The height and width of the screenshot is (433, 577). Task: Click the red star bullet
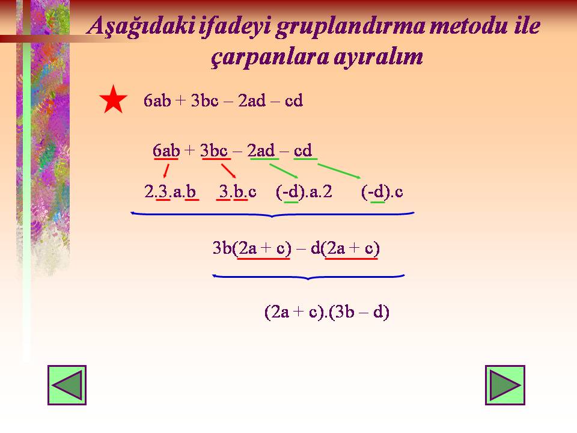[x=114, y=99]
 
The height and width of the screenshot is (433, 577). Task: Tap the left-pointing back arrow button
[x=67, y=385]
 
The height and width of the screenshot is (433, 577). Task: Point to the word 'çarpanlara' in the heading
[x=270, y=58]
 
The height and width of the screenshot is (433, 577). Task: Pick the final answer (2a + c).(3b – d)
[x=327, y=312]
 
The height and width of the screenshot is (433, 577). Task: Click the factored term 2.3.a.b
[x=170, y=192]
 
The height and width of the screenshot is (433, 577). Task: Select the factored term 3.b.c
[x=237, y=192]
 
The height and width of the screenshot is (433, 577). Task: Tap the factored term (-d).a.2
[x=304, y=192]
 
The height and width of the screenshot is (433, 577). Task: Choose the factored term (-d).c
[x=382, y=192]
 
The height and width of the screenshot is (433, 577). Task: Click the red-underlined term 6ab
[x=166, y=150]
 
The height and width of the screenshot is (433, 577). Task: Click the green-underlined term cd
[x=303, y=150]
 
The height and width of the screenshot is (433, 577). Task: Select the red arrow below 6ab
[x=166, y=171]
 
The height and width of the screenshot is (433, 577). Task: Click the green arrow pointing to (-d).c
[x=339, y=171]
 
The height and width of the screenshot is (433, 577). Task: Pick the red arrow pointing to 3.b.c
[x=228, y=171]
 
